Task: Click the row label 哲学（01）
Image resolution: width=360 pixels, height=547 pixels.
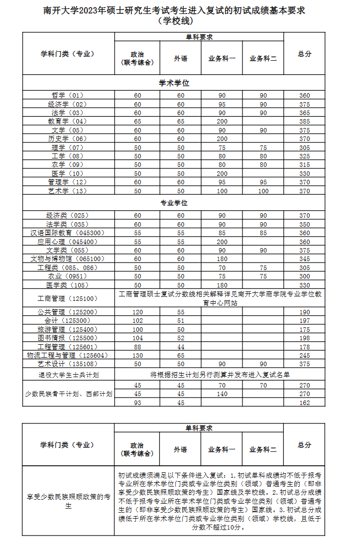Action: click(x=68, y=96)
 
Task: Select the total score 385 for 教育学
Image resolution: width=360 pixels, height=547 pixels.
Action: click(x=304, y=122)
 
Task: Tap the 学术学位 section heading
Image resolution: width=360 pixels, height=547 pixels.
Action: click(x=174, y=83)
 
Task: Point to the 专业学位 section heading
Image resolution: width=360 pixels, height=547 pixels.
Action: click(x=174, y=203)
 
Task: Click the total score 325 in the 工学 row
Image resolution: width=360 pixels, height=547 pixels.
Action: click(x=304, y=156)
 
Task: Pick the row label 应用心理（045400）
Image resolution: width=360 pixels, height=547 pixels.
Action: click(x=68, y=242)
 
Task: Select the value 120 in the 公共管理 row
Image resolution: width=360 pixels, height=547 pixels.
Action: click(x=137, y=312)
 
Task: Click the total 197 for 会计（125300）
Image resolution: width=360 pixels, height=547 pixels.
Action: click(x=304, y=321)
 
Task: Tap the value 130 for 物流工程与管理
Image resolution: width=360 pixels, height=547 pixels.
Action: click(x=137, y=355)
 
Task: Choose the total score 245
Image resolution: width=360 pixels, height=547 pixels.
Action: click(x=304, y=355)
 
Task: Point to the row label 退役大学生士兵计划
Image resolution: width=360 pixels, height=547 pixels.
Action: click(x=69, y=375)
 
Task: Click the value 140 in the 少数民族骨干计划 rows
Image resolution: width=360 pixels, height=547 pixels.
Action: click(x=222, y=394)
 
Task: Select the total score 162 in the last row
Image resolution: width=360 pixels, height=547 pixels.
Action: click(x=304, y=403)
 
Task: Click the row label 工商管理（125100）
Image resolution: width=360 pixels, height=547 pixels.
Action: click(x=68, y=299)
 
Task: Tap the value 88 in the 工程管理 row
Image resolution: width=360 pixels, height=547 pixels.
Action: click(x=137, y=347)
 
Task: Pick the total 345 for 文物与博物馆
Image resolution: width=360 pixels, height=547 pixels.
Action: click(x=304, y=259)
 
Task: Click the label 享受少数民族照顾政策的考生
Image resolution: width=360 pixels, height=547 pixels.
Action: click(x=69, y=501)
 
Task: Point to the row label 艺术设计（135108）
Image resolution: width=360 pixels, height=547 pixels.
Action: click(x=68, y=364)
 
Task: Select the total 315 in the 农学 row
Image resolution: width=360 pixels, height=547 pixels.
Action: click(x=304, y=165)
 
